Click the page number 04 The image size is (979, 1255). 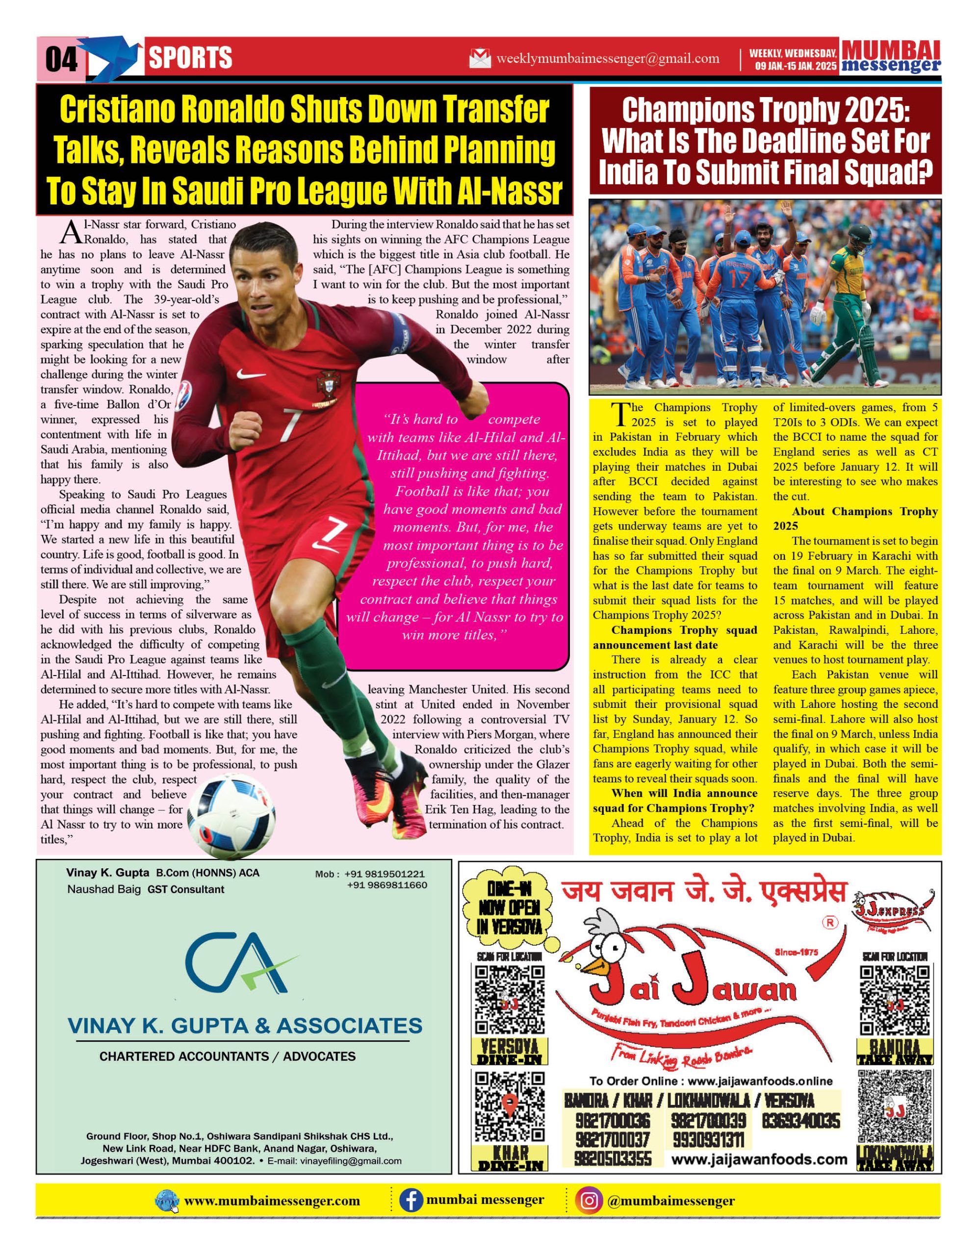pyautogui.click(x=61, y=59)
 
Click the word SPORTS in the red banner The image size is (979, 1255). pyautogui.click(x=190, y=58)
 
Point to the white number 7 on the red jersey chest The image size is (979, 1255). pyautogui.click(x=291, y=424)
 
